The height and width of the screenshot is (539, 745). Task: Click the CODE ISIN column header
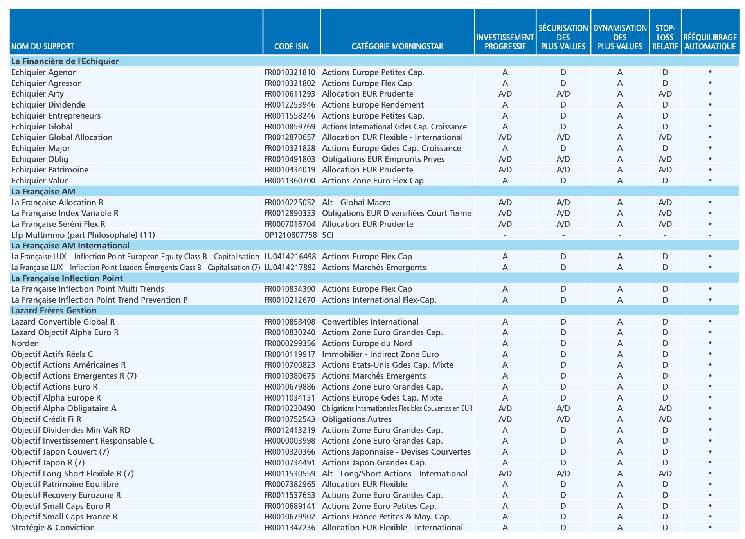[292, 47]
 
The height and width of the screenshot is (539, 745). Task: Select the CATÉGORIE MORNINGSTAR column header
[397, 47]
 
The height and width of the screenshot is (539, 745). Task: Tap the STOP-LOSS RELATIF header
[665, 38]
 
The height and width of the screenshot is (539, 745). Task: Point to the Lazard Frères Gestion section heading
[54, 311]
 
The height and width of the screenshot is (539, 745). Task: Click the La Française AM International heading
[70, 245]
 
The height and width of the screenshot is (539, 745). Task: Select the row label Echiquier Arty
[38, 94]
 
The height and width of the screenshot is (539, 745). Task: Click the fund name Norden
[25, 343]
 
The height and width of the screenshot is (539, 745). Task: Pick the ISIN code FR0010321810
[290, 72]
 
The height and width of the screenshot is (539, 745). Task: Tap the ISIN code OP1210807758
[290, 235]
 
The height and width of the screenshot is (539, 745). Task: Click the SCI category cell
[328, 235]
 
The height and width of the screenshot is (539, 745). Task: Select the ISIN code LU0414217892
[290, 268]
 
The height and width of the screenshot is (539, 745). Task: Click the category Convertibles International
[370, 322]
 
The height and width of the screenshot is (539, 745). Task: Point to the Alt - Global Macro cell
[356, 203]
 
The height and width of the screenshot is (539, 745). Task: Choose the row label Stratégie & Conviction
[53, 528]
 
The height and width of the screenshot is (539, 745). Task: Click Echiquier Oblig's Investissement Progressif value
[505, 159]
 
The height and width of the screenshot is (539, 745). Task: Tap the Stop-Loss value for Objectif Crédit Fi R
[665, 419]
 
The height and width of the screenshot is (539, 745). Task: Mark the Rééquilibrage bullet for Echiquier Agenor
[710, 72]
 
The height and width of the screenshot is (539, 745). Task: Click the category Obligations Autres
[356, 419]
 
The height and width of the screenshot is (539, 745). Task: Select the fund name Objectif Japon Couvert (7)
[60, 452]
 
